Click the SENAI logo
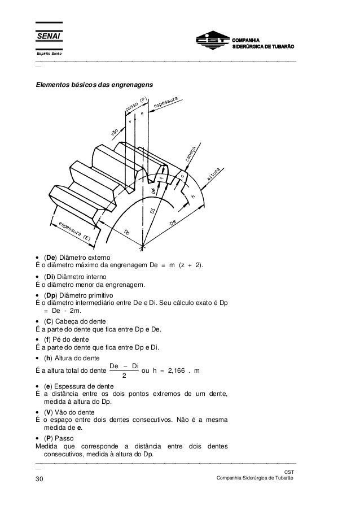[49, 37]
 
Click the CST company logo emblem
[213, 42]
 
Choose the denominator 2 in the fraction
[124, 376]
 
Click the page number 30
[39, 480]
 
